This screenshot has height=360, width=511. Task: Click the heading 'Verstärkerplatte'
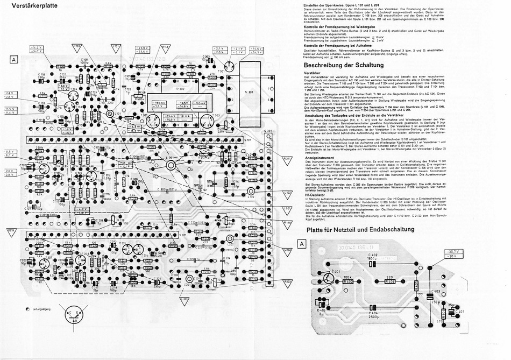pos(33,8)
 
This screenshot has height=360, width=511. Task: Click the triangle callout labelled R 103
pos(76,47)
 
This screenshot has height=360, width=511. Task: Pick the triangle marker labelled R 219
pos(10,232)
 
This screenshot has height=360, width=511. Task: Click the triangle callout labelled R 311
pos(287,160)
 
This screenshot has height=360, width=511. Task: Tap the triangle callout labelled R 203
pos(287,281)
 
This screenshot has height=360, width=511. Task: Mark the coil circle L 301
pos(171,166)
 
